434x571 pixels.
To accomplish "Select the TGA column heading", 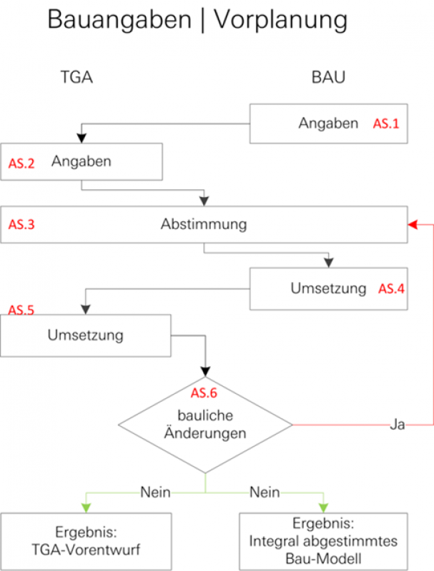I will point(76,78).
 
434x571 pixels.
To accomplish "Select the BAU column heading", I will point(328,78).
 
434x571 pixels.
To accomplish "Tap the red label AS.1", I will point(386,123).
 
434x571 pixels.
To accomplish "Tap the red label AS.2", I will point(21,163).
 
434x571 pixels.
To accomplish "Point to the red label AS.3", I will point(21,225).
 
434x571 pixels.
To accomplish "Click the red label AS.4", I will point(391,289).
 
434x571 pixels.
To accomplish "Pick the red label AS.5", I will point(21,310).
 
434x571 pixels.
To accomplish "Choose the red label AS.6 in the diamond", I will point(204,393).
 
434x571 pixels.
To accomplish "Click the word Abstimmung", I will point(204,224).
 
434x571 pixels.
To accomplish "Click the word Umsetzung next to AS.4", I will point(328,288).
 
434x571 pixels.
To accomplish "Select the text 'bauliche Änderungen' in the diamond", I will point(204,424).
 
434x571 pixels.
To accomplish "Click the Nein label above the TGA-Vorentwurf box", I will point(155,492).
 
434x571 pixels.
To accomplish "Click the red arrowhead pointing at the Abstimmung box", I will point(411,225).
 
